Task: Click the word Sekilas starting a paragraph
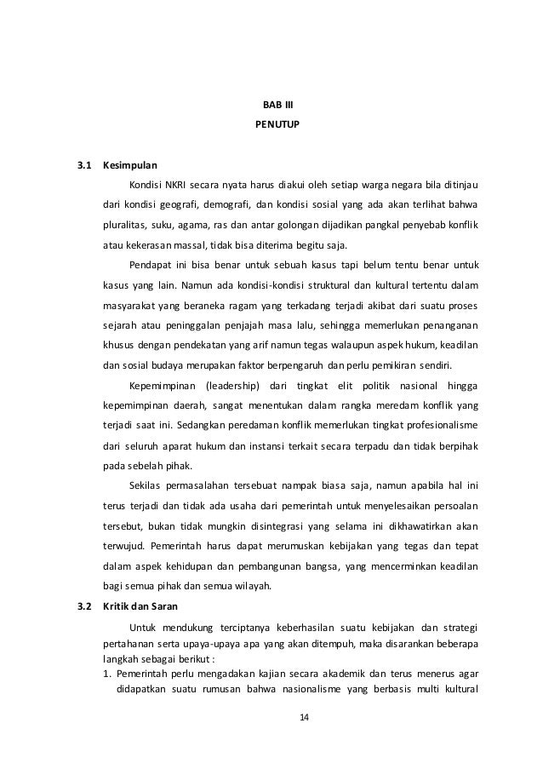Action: point(146,486)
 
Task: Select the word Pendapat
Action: point(151,265)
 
